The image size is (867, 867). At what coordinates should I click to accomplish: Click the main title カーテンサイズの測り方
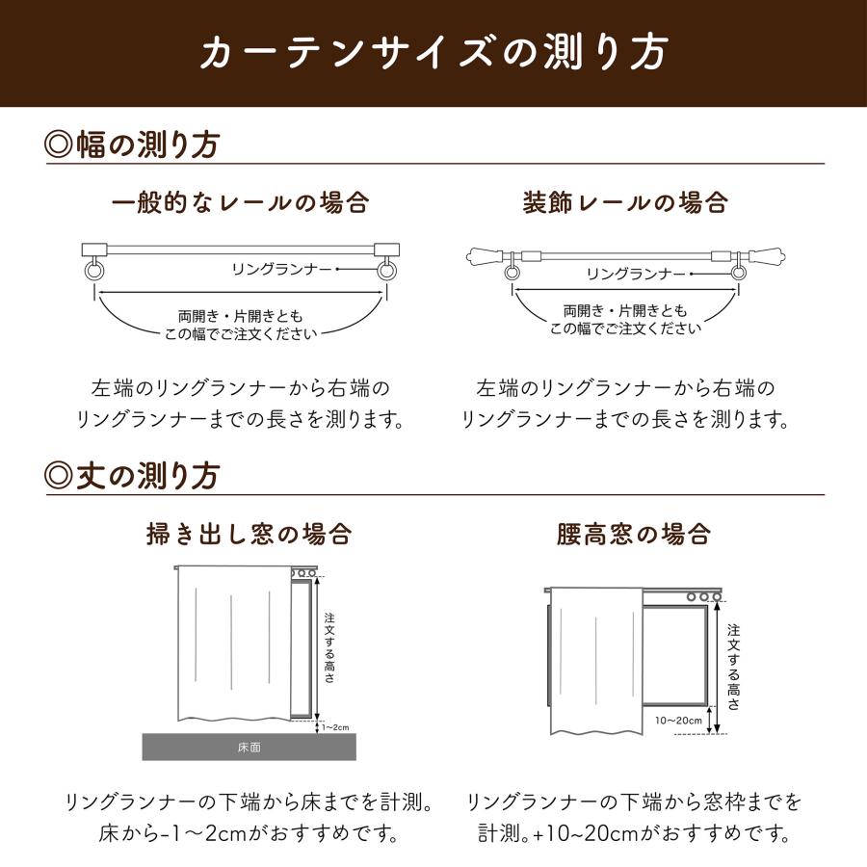433,52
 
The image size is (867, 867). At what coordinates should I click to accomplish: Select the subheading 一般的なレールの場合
240,203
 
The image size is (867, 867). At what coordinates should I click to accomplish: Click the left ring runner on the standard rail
92,271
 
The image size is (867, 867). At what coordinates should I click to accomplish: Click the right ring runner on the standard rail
386,271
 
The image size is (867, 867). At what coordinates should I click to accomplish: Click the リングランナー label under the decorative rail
636,275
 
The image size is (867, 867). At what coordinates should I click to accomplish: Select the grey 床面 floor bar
249,746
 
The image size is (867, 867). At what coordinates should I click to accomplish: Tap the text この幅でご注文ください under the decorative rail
625,328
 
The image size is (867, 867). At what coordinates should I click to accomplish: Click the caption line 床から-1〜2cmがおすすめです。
249,831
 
